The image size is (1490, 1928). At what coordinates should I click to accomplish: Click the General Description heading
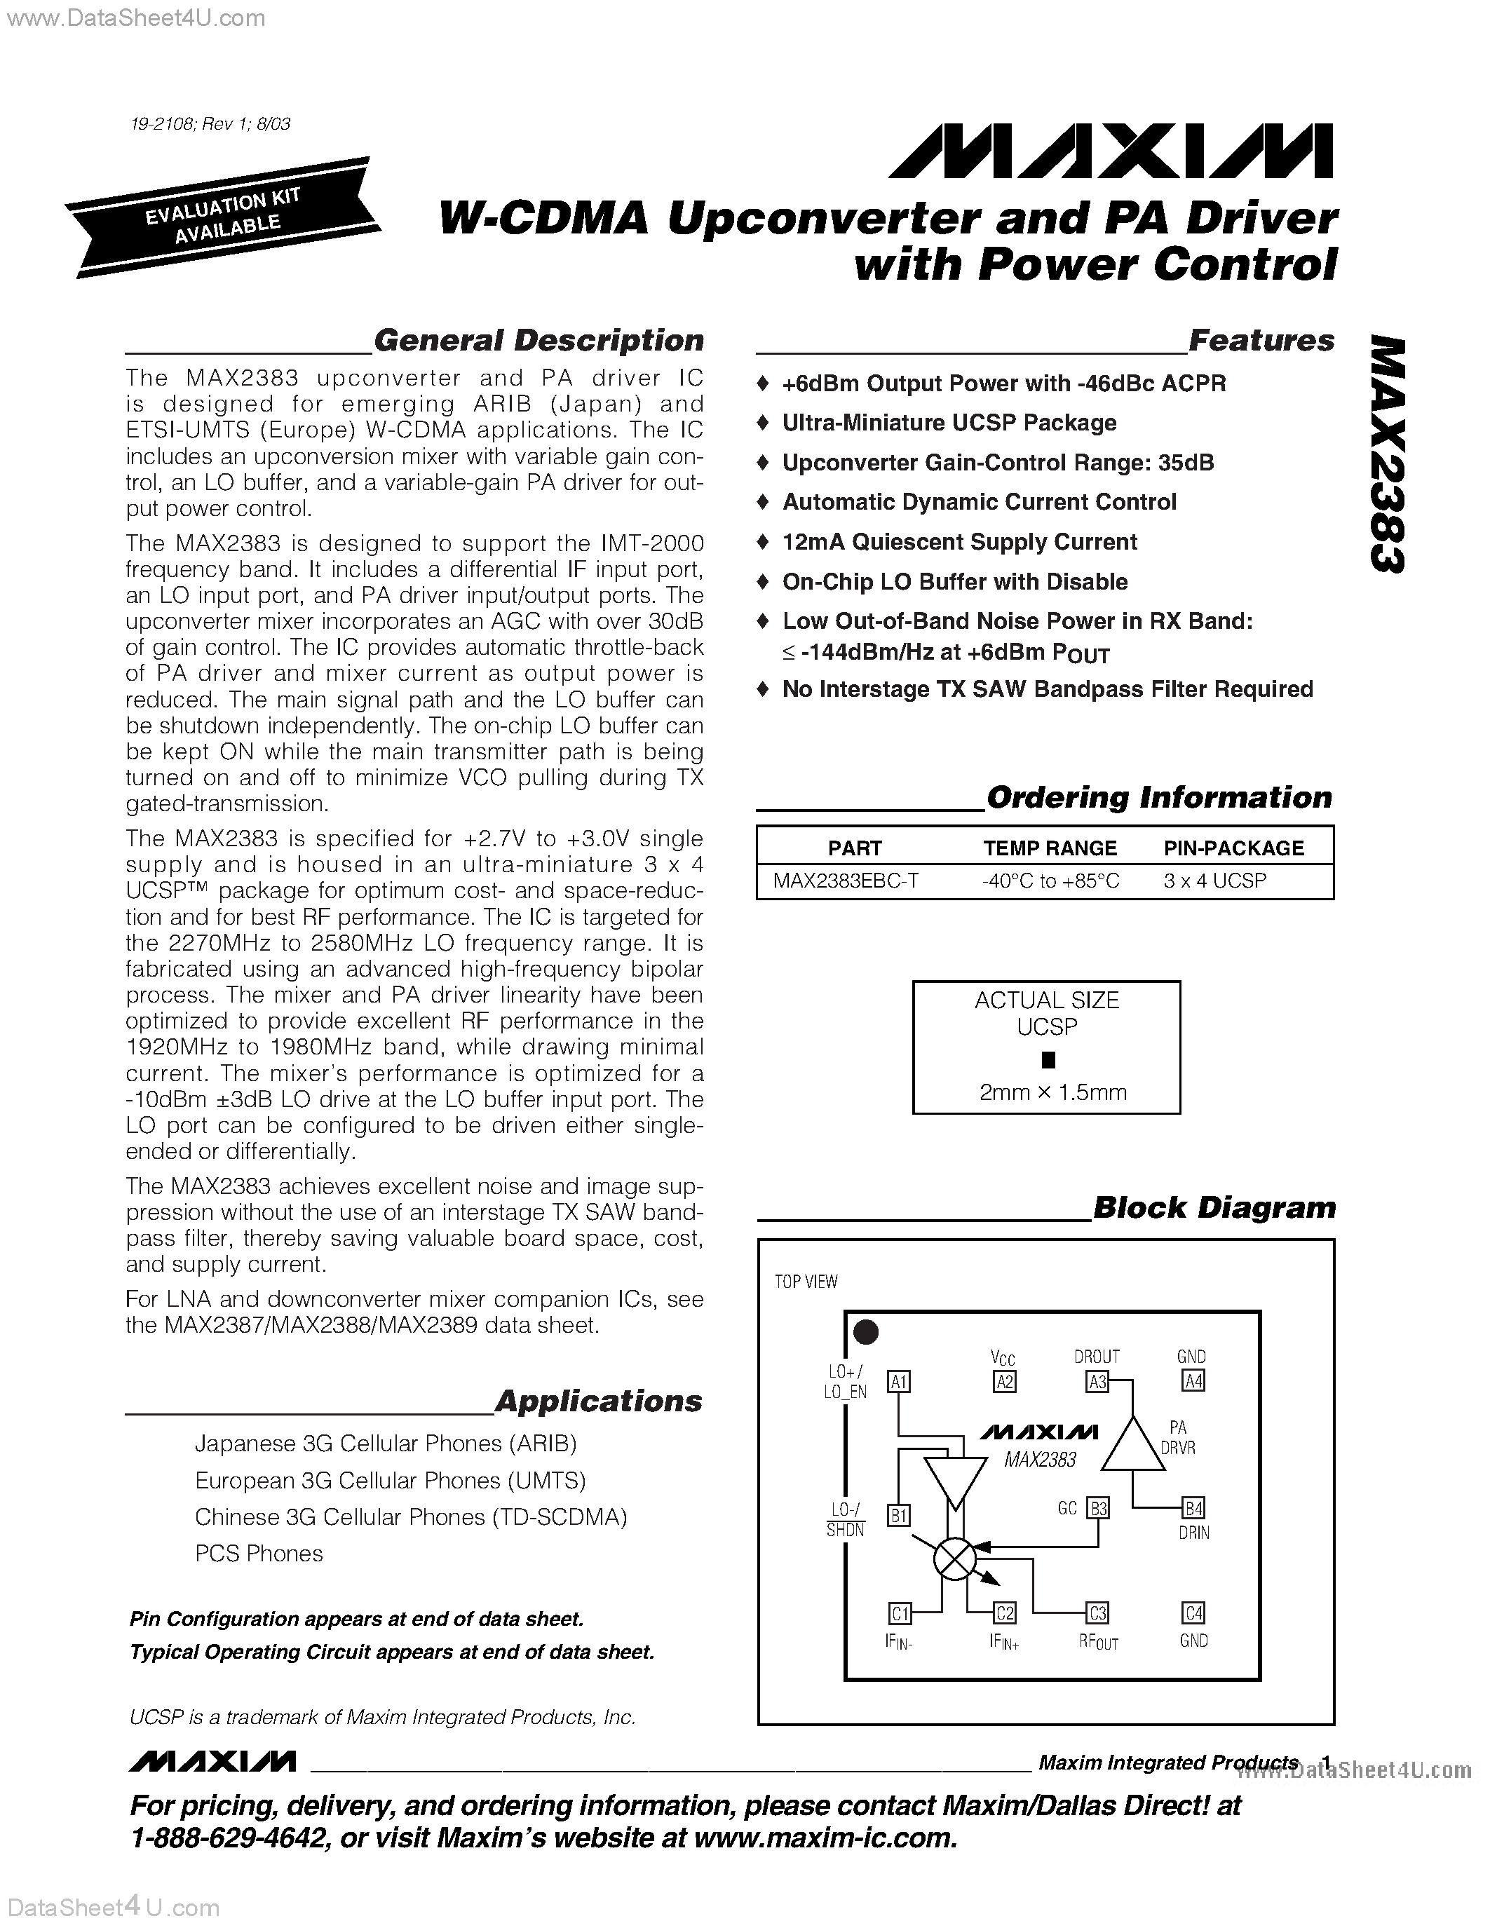click(539, 341)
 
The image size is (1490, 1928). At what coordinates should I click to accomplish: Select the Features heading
click(1261, 341)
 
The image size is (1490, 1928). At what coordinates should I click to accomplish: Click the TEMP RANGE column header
click(1050, 848)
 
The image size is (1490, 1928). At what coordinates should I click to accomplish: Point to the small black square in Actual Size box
click(1048, 1059)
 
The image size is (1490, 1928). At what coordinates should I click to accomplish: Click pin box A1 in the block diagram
click(899, 1382)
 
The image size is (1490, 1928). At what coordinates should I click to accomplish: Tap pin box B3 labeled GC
click(1097, 1508)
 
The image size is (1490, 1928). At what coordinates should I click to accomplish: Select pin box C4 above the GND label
click(1193, 1613)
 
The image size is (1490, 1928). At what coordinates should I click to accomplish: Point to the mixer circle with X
click(954, 1560)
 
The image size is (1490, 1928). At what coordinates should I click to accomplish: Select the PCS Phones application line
click(259, 1554)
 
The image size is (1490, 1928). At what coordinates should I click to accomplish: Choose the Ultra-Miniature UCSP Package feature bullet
click(949, 423)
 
